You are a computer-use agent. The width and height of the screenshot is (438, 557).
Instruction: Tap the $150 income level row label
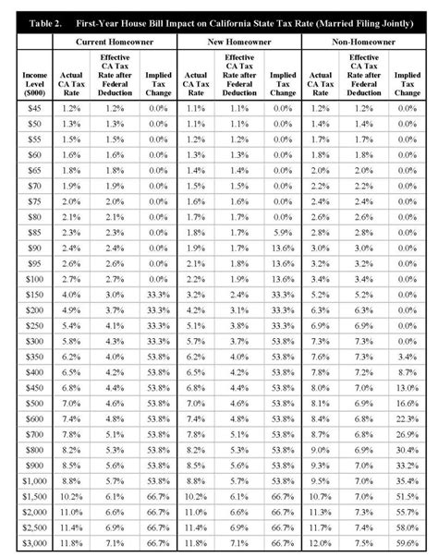pyautogui.click(x=32, y=292)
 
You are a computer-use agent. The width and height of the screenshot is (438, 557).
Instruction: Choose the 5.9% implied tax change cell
pyautogui.click(x=282, y=232)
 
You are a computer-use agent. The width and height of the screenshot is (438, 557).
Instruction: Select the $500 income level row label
pyautogui.click(x=32, y=403)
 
